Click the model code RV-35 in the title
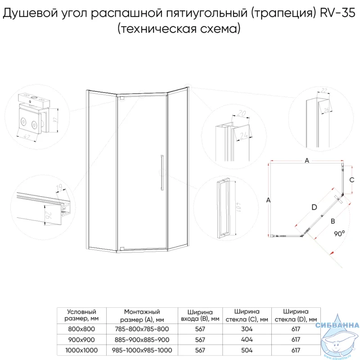[337, 13]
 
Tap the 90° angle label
[339, 234]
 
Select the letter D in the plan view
[314, 207]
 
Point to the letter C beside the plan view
[352, 180]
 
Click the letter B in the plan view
[333, 221]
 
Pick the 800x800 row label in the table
[81, 329]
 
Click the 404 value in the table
[247, 340]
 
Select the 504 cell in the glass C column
[247, 350]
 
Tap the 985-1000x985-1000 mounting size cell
[142, 350]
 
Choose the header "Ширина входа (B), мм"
[200, 315]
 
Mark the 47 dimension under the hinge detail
[27, 137]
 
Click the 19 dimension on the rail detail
[59, 187]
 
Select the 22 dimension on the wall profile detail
[324, 90]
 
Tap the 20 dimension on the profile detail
[242, 113]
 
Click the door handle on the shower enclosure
[162, 173]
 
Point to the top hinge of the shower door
[121, 98]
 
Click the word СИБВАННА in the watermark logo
[337, 325]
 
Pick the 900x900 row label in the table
[81, 340]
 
